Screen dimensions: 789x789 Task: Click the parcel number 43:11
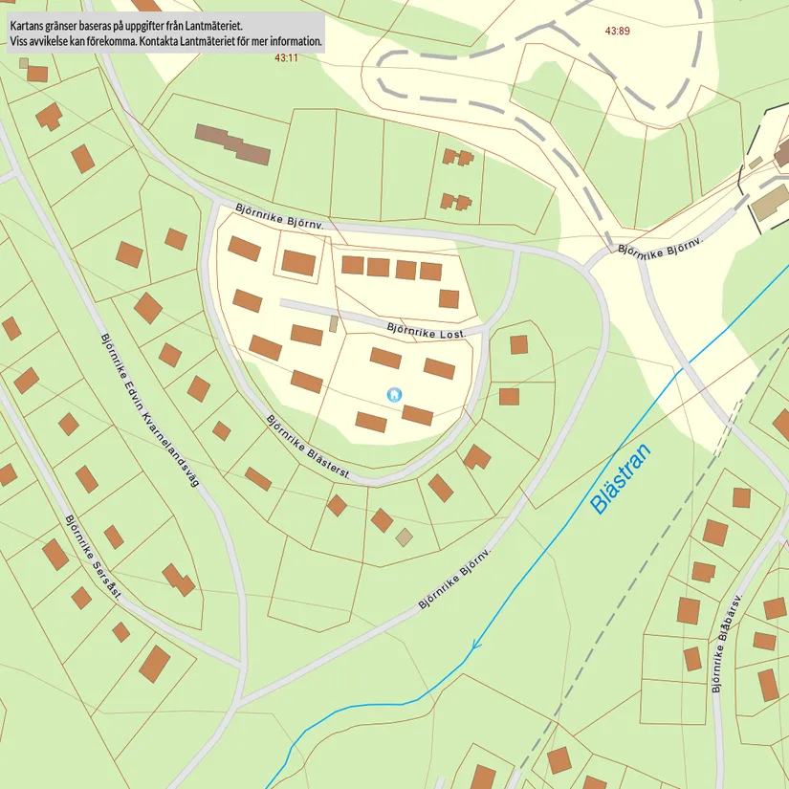(286, 57)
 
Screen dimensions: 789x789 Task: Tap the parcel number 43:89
(618, 31)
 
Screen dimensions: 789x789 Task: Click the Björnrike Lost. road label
(427, 331)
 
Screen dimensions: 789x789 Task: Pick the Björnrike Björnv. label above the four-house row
(280, 215)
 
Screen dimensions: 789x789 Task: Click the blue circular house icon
(393, 394)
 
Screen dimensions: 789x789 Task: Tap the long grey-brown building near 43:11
(232, 143)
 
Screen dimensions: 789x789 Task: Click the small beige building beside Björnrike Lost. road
(334, 323)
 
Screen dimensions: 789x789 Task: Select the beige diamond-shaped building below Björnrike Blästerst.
(405, 537)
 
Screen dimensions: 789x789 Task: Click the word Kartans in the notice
(30, 26)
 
